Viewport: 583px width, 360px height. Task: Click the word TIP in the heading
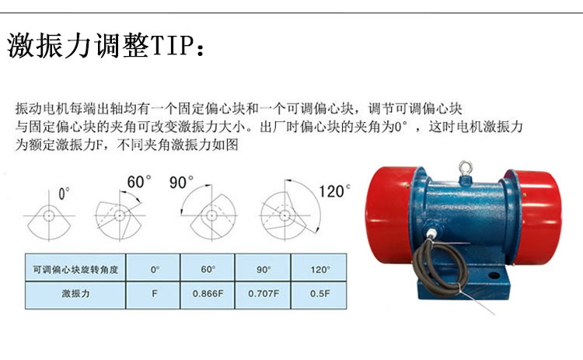point(173,46)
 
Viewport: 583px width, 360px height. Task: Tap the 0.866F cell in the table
point(208,295)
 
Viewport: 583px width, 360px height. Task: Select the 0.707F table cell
point(263,295)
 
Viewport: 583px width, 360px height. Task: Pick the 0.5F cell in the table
point(319,295)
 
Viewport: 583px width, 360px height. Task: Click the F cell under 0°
point(153,295)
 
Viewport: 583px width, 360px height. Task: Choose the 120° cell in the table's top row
point(319,267)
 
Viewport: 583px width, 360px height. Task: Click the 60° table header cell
point(208,267)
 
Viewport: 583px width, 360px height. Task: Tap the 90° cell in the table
point(263,267)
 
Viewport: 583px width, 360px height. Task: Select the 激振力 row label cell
point(75,295)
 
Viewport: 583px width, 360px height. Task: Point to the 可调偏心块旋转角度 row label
point(75,267)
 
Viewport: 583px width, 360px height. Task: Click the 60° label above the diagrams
point(138,182)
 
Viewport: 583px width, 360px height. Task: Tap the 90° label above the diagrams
point(181,182)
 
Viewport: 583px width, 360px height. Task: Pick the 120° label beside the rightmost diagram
point(334,191)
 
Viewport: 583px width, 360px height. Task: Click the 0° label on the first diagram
point(64,194)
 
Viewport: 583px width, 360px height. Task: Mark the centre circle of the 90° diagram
point(211,215)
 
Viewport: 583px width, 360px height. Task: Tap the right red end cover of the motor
point(537,215)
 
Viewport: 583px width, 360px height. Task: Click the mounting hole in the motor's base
point(494,275)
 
